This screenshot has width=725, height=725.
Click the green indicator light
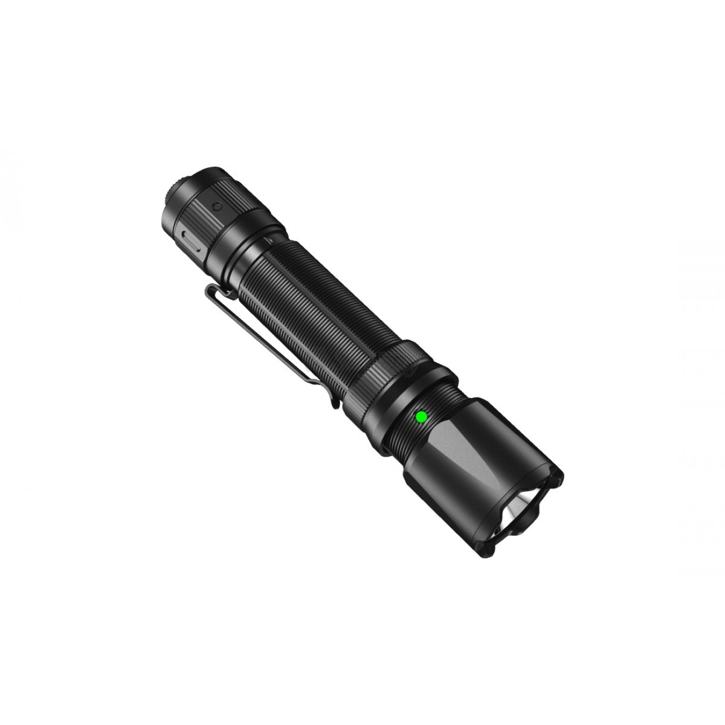(x=420, y=416)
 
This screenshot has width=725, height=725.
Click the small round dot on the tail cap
(x=216, y=205)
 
